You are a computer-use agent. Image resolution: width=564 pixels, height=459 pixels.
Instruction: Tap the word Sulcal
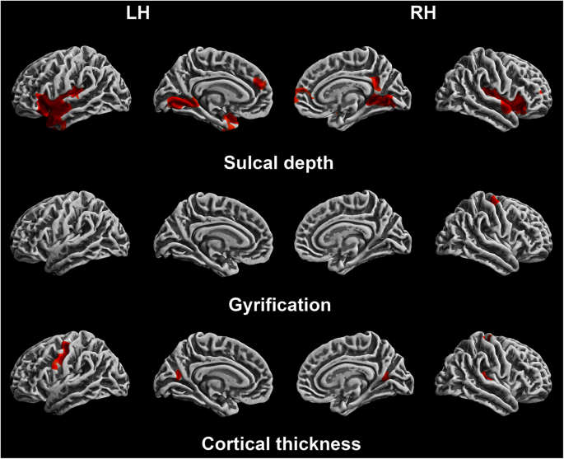(251, 162)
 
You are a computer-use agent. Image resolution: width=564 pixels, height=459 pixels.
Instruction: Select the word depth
(309, 162)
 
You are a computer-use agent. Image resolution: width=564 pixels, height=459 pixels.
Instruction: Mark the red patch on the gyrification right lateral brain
(495, 199)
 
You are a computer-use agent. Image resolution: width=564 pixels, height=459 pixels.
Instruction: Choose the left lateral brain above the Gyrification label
(69, 232)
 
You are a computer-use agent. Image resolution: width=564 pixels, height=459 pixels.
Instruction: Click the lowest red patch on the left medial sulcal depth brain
(231, 123)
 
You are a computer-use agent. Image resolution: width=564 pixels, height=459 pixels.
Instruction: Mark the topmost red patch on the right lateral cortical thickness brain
(487, 337)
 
